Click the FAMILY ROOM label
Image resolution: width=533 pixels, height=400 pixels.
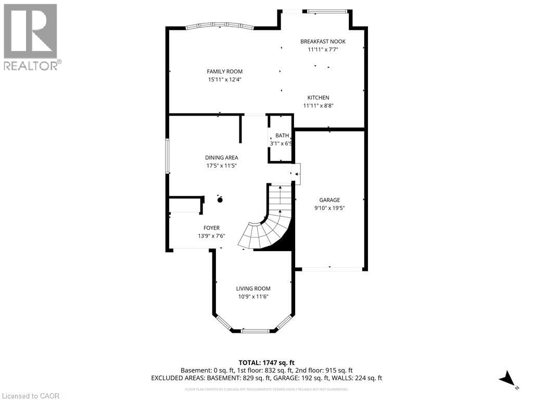(x=224, y=71)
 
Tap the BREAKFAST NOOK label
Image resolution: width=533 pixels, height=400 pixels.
(x=323, y=41)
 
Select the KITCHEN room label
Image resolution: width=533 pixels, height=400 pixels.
(x=318, y=97)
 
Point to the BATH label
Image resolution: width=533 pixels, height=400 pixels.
(x=282, y=135)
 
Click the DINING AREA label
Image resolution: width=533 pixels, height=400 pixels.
(x=221, y=157)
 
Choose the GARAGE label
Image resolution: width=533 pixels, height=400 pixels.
(x=329, y=199)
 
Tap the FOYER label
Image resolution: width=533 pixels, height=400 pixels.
(x=211, y=228)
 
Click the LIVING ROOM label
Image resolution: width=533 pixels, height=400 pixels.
(x=253, y=288)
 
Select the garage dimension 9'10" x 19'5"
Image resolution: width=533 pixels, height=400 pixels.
(x=329, y=208)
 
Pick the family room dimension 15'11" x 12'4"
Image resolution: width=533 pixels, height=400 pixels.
(x=224, y=80)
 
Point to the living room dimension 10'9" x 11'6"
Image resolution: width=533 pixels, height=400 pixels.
(x=253, y=296)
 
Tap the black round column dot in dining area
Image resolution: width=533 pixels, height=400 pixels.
(x=220, y=199)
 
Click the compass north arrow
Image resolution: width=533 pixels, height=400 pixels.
(x=507, y=379)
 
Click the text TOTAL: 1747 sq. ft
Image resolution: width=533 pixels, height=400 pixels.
(x=266, y=362)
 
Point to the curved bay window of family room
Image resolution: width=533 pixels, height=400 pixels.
(x=220, y=25)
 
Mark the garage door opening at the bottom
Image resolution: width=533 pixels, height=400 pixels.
(x=332, y=269)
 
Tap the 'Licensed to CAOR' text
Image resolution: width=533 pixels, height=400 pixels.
(x=31, y=395)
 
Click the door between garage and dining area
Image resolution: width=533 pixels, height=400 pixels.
(x=297, y=173)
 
